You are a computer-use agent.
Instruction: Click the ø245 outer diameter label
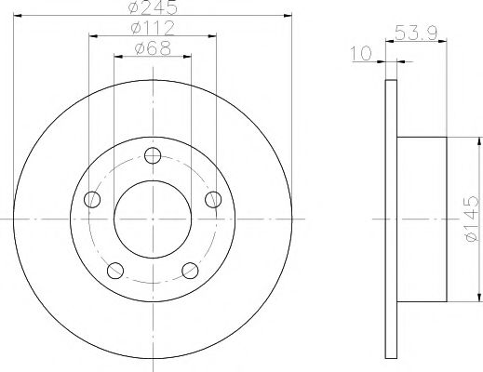point(153,8)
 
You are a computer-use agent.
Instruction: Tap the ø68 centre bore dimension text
point(153,48)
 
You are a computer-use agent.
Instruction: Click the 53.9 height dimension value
point(419,33)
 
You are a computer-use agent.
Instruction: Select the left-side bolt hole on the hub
point(91,199)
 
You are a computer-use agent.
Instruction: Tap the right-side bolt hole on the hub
point(213,199)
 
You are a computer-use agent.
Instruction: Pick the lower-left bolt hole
point(115,271)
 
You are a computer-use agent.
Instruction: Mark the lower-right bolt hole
point(190,271)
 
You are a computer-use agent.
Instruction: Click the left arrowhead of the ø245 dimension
point(20,17)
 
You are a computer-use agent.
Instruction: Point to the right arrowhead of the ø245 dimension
point(285,17)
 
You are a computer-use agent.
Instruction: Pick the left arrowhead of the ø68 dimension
point(117,57)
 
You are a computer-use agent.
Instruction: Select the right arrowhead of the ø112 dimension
point(213,36)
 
